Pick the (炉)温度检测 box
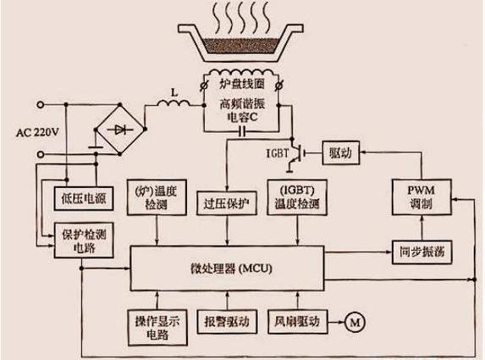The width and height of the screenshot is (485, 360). [156, 197]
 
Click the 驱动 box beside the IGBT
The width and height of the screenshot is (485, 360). [339, 153]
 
